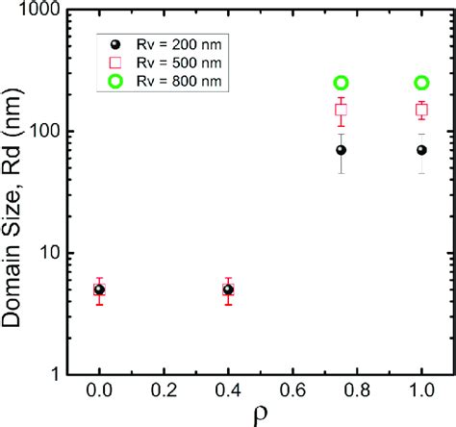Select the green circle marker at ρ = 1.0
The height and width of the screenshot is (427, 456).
(421, 84)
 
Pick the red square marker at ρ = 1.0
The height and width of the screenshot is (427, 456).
(421, 110)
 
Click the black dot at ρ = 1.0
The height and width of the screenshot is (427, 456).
(421, 150)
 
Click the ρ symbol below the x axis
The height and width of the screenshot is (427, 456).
(262, 416)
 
